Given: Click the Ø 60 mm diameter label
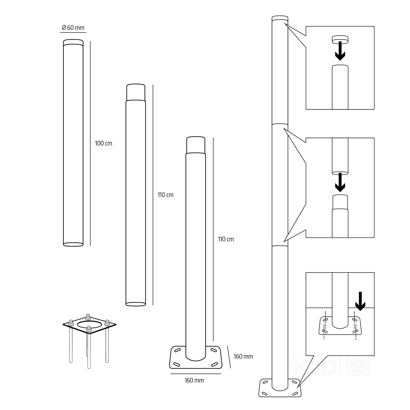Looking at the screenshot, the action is (x=73, y=28).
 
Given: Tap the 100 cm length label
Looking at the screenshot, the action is (x=104, y=143).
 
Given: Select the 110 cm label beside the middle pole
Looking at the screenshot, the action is (x=166, y=195).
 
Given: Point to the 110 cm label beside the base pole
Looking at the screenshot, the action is (x=226, y=239).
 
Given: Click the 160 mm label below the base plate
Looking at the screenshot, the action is (x=194, y=380).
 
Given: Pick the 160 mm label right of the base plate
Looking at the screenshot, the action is (x=243, y=356).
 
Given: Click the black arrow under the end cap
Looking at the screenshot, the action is (x=340, y=51).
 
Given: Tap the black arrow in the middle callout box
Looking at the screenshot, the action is (x=340, y=182).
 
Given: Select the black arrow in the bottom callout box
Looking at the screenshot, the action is (x=360, y=301).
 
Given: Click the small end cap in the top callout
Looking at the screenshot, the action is (x=340, y=39).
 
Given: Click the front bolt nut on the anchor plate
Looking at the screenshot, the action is (x=89, y=330).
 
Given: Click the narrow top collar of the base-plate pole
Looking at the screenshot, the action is (x=196, y=145).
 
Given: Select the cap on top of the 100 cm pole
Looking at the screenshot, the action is (x=73, y=42).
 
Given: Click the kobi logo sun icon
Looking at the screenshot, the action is (x=358, y=366).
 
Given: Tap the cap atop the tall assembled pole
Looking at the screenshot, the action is (x=280, y=18).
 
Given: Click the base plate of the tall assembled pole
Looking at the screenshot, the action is (x=280, y=388).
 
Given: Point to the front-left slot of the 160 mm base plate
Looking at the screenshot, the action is (x=177, y=364).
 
